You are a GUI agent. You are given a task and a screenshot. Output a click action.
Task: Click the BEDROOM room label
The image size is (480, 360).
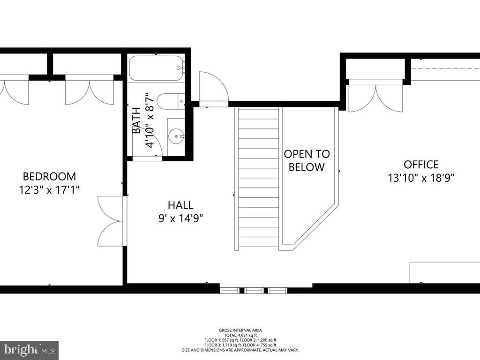49,176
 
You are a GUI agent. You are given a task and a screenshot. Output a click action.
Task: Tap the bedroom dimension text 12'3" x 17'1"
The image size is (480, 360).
49,190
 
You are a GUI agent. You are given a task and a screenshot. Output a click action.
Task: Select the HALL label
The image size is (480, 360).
180,205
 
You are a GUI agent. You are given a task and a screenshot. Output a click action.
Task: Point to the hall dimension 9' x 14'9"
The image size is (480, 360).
180,218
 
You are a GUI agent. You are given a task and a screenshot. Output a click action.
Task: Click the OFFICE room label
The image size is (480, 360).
421,165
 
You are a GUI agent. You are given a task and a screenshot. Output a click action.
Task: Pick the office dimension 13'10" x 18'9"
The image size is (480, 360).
421,178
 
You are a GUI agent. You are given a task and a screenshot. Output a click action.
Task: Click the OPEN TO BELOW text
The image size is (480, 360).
307,160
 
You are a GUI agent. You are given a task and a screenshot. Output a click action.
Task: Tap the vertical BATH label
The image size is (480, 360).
136,121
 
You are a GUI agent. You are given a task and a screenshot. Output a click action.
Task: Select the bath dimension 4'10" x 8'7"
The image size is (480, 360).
150,120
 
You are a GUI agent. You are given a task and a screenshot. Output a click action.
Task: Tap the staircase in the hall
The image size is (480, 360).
258,178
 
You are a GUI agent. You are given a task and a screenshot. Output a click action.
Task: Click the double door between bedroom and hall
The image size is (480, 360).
111,220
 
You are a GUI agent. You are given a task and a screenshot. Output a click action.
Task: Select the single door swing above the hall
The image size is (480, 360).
212,88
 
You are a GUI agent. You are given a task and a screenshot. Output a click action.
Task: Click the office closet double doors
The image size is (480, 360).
375,96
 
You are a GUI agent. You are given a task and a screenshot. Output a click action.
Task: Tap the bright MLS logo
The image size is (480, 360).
29,350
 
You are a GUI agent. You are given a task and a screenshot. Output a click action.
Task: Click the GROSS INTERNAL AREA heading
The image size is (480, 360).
240,330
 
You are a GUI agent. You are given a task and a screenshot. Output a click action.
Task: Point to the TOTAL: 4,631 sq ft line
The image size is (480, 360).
240,335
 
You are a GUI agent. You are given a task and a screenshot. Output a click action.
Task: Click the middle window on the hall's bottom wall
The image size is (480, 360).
254,291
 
